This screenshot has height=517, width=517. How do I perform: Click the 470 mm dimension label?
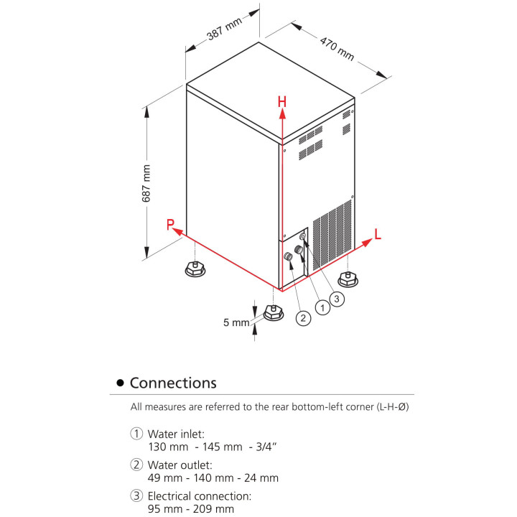(337, 47)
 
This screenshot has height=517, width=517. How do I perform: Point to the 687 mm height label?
(146, 184)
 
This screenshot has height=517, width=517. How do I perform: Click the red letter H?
(283, 103)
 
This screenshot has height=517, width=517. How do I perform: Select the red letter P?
(171, 225)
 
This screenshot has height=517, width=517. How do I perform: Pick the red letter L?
(378, 233)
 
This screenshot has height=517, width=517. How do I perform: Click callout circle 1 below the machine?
(322, 307)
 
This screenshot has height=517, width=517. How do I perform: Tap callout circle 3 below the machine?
(338, 297)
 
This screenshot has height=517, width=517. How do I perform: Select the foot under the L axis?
(348, 276)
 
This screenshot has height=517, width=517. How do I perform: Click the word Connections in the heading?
(173, 383)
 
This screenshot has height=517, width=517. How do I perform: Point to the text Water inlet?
(176, 434)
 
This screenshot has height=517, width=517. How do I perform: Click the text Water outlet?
(180, 465)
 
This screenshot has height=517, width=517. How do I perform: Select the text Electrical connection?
(199, 496)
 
